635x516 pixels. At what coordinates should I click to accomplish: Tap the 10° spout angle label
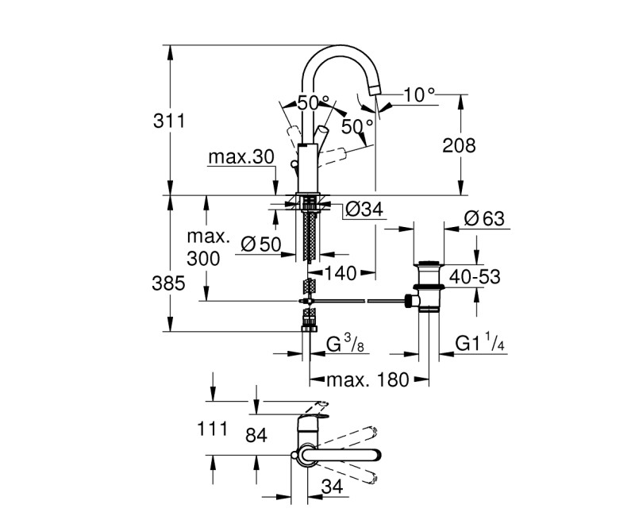419,94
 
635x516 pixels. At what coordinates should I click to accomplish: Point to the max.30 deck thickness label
241,157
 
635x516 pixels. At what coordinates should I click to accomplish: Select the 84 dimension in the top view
256,436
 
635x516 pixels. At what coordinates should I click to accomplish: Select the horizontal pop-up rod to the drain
357,301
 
